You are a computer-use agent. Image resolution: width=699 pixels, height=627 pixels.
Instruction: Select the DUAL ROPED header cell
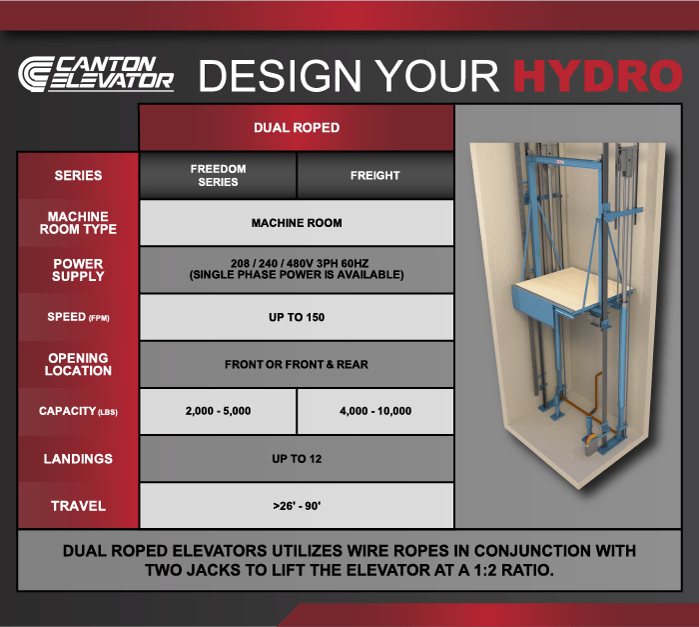[297, 128]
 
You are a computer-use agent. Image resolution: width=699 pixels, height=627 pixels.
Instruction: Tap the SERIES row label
[78, 175]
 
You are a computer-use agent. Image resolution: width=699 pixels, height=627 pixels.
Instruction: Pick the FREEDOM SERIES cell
[218, 175]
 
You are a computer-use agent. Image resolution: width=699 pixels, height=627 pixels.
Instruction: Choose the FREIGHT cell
[374, 175]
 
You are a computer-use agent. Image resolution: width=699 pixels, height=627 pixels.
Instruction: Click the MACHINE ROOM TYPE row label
[78, 223]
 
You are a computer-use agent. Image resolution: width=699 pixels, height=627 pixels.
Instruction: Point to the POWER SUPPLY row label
[78, 270]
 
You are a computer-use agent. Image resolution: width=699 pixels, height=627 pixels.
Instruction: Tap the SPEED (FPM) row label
[78, 317]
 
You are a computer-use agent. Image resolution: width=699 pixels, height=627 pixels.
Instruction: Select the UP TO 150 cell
[297, 317]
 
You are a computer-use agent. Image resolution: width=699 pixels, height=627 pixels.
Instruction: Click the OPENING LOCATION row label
[78, 364]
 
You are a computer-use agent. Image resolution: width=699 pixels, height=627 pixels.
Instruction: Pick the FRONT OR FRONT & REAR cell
[297, 364]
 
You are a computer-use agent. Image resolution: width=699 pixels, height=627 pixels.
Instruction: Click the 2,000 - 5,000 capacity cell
[218, 411]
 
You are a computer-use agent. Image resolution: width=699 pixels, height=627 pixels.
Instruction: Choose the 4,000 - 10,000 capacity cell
[374, 411]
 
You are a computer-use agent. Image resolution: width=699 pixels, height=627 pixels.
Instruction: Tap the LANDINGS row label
[78, 459]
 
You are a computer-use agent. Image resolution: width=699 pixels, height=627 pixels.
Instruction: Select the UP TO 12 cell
[297, 459]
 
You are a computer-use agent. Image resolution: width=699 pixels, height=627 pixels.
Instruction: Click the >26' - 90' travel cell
[297, 506]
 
